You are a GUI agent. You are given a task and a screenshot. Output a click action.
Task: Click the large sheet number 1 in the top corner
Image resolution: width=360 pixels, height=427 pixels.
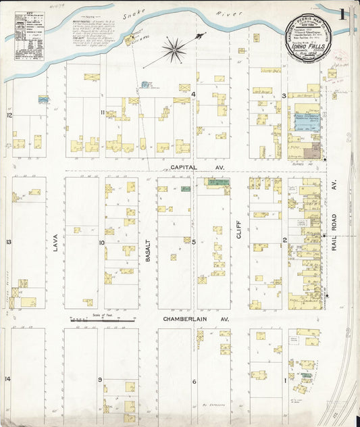point(344,14)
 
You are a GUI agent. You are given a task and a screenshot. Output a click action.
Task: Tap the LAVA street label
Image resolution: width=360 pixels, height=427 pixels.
point(56,243)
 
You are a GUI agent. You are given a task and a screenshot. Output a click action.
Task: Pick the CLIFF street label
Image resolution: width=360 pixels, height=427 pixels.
point(238,233)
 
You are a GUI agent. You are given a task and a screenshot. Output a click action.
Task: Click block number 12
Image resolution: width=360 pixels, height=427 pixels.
point(9,116)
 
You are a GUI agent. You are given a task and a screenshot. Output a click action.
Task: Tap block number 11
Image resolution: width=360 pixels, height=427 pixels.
point(103,111)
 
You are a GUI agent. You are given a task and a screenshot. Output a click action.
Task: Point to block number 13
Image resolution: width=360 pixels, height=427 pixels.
point(9,242)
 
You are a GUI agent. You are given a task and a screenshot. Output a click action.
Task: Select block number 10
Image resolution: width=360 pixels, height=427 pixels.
point(102,242)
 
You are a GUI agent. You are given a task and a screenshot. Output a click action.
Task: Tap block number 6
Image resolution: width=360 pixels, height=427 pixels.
point(193,382)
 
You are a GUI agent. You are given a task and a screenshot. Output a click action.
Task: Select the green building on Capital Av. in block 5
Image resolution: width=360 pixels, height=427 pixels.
point(217,182)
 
